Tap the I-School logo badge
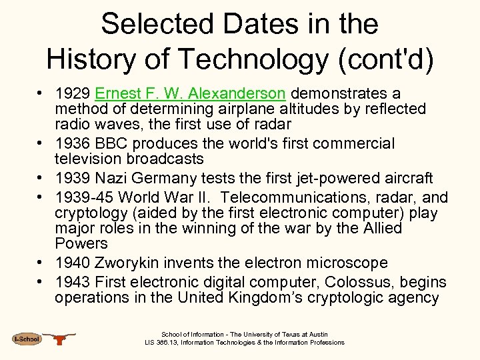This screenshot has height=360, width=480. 27,339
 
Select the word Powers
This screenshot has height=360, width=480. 81,243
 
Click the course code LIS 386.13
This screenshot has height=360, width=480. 163,343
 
